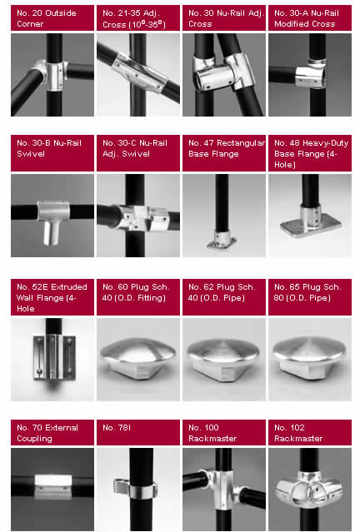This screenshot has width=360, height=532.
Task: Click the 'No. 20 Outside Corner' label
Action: click(47, 18)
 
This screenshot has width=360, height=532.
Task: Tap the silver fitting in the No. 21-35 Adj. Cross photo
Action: click(139, 72)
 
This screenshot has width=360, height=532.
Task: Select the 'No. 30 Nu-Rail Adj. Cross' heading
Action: click(226, 18)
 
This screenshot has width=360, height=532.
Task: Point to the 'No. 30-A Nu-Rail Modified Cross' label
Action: click(307, 18)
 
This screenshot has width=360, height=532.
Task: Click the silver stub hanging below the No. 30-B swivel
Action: click(52, 233)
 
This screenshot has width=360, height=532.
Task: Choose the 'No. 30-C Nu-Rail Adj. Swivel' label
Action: click(135, 148)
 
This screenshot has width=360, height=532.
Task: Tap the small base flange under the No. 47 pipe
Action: click(222, 241)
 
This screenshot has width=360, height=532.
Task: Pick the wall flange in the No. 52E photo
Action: click(54, 356)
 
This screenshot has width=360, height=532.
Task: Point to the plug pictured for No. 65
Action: click(309, 358)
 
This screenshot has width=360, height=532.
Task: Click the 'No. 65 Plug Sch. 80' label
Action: click(307, 292)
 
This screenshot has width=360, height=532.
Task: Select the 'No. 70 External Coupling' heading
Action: click(47, 433)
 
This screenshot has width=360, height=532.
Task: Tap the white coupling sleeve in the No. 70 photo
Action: click(53, 487)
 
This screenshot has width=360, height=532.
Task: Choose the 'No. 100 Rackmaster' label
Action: click(212, 433)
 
